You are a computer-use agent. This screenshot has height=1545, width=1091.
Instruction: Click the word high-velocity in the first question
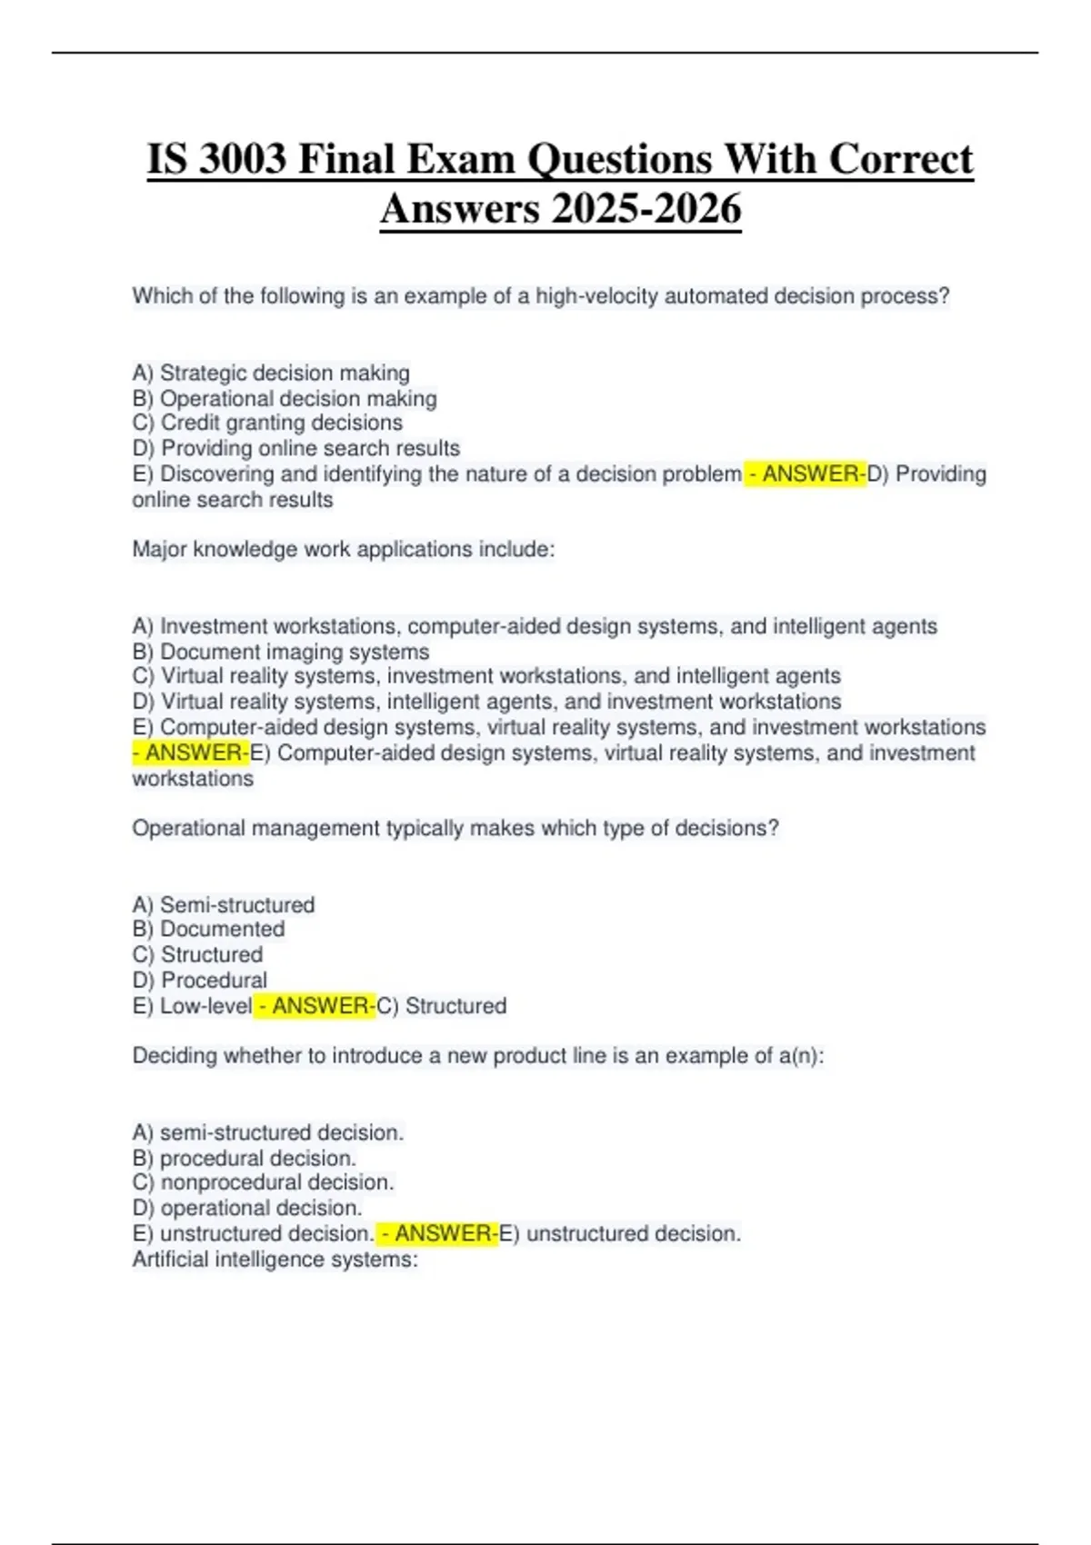click(596, 296)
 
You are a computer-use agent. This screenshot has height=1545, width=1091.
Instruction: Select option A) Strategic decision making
click(271, 373)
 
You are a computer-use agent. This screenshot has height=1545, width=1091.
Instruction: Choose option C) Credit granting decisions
click(267, 423)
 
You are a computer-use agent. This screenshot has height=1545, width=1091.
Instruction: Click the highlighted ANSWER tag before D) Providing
click(806, 473)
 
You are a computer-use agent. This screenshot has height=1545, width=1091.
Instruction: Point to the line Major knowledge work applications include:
click(344, 549)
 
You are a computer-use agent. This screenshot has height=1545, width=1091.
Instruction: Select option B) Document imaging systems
click(281, 652)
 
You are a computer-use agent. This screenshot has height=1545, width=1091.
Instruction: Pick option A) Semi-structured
click(224, 904)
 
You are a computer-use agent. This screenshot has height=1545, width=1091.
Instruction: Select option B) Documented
click(208, 929)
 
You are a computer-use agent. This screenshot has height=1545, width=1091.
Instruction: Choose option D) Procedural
click(200, 980)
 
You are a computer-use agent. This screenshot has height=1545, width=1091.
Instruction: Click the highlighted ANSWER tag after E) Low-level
click(315, 1006)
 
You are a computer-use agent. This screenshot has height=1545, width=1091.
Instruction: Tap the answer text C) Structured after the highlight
click(442, 1006)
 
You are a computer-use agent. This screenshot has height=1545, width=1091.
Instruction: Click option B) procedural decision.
click(244, 1158)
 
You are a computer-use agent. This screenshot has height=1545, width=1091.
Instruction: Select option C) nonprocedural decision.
click(264, 1182)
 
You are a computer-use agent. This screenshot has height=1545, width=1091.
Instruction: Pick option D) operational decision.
click(247, 1208)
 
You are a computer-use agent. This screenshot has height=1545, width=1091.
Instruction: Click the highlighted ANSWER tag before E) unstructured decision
click(437, 1233)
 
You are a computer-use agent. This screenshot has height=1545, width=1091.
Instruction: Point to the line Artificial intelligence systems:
click(275, 1259)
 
